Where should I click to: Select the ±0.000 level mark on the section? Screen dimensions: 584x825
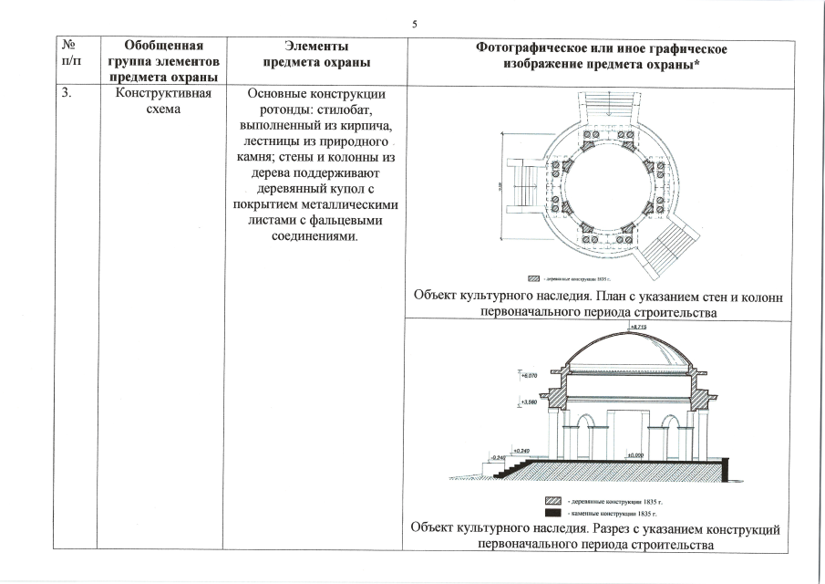tap(634, 454)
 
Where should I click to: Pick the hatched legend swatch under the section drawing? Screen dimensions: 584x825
tap(550, 502)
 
